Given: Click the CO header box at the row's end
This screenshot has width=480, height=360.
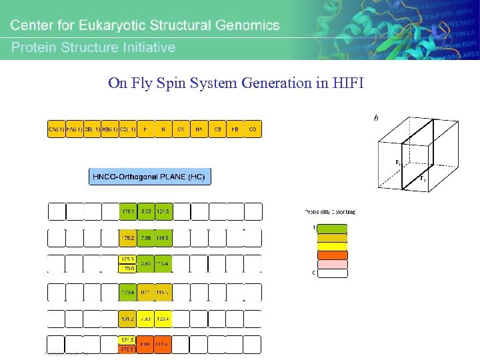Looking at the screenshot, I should [x=253, y=129].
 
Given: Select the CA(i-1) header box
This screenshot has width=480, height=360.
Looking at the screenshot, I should [x=56, y=129].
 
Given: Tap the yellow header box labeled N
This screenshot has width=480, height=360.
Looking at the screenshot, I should [x=163, y=129].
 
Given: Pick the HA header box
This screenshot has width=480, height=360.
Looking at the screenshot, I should [x=199, y=129].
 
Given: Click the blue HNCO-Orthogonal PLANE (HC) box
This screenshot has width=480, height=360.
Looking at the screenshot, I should [x=150, y=177].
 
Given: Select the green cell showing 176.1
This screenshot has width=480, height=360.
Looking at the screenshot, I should [x=128, y=211].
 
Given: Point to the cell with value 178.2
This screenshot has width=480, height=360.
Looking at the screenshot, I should [x=128, y=237].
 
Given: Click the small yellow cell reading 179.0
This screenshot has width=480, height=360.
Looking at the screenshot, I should [x=128, y=268].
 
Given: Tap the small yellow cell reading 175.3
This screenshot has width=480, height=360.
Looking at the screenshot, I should [x=128, y=259].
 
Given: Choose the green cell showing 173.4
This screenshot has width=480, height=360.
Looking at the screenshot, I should [x=128, y=292].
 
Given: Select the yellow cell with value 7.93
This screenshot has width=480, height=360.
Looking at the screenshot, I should [x=145, y=319].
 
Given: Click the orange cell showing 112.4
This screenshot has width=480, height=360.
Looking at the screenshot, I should [x=163, y=345].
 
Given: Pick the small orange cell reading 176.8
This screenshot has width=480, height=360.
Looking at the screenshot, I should [x=128, y=349].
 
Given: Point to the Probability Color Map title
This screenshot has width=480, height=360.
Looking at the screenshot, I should [x=330, y=212].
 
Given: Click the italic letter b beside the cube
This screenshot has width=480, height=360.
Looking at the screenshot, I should [x=376, y=118].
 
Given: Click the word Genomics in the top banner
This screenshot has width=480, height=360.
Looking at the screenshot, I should [x=241, y=25].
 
